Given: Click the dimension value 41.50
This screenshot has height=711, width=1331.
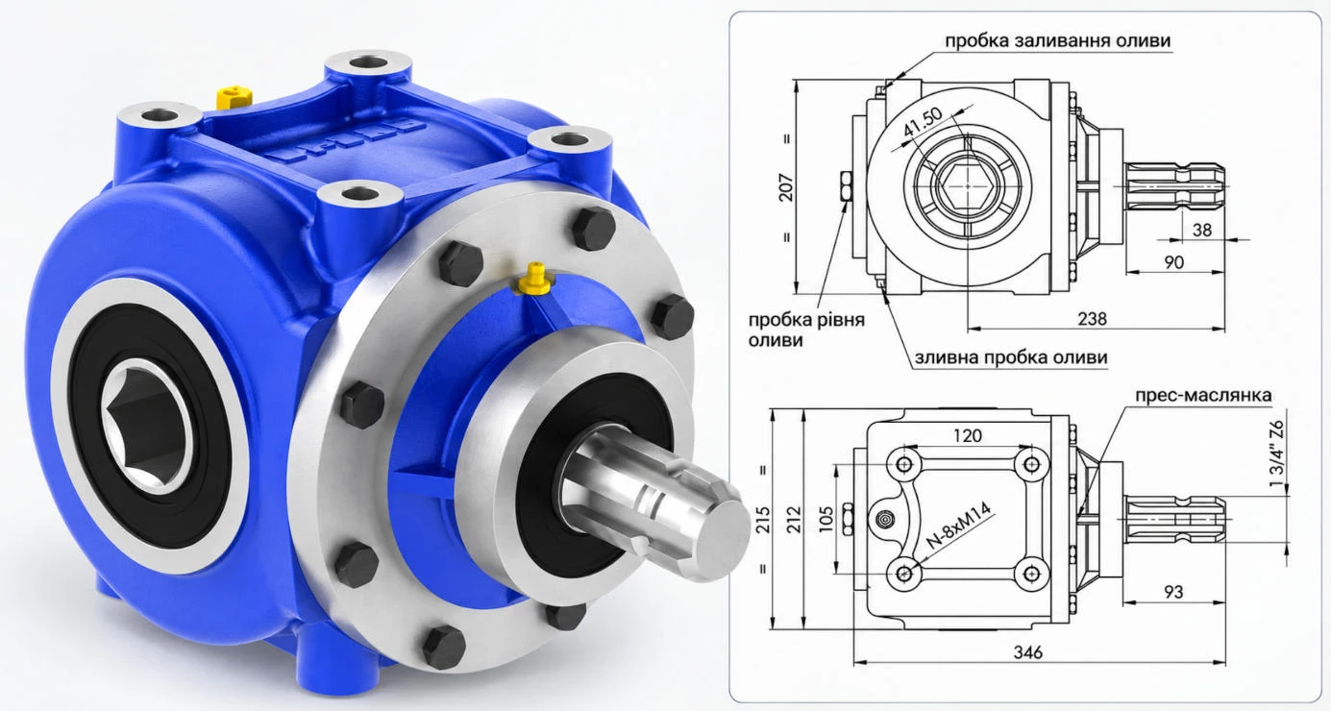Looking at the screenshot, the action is coord(923,122).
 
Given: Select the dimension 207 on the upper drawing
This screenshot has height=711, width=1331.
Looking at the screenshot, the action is coord(785,187).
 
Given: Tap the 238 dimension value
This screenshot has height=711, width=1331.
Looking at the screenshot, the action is coord(1092,319).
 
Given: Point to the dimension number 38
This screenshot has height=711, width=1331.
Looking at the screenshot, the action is coord(1201,230).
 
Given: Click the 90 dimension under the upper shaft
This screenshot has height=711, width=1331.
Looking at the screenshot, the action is coord(1173,262).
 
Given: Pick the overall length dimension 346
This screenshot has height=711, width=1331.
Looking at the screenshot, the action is coord(1028,652).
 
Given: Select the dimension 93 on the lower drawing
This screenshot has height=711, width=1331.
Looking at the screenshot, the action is coord(1173,592).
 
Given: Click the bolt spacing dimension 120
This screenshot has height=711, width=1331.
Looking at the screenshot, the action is coord(968,436).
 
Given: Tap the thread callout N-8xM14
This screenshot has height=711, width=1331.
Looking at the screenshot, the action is coord(958,525).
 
